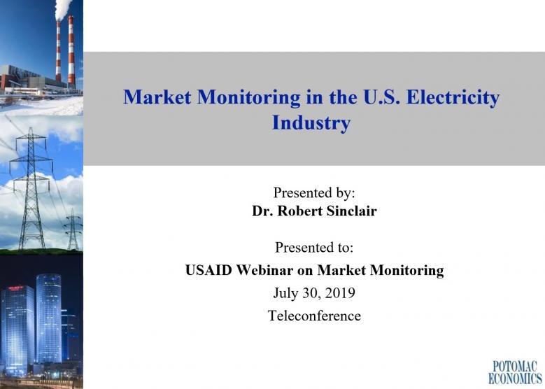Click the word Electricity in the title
point(453,98)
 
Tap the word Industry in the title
point(311,123)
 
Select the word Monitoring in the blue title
point(248,98)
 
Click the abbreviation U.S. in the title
point(381,97)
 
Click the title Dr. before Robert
point(262,211)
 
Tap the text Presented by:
point(314,192)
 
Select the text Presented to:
point(314,248)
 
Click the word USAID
point(208,270)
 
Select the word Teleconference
point(314,316)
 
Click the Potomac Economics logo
point(515,372)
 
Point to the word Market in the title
point(157,97)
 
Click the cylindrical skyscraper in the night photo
point(49,318)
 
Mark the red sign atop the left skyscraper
point(16,288)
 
